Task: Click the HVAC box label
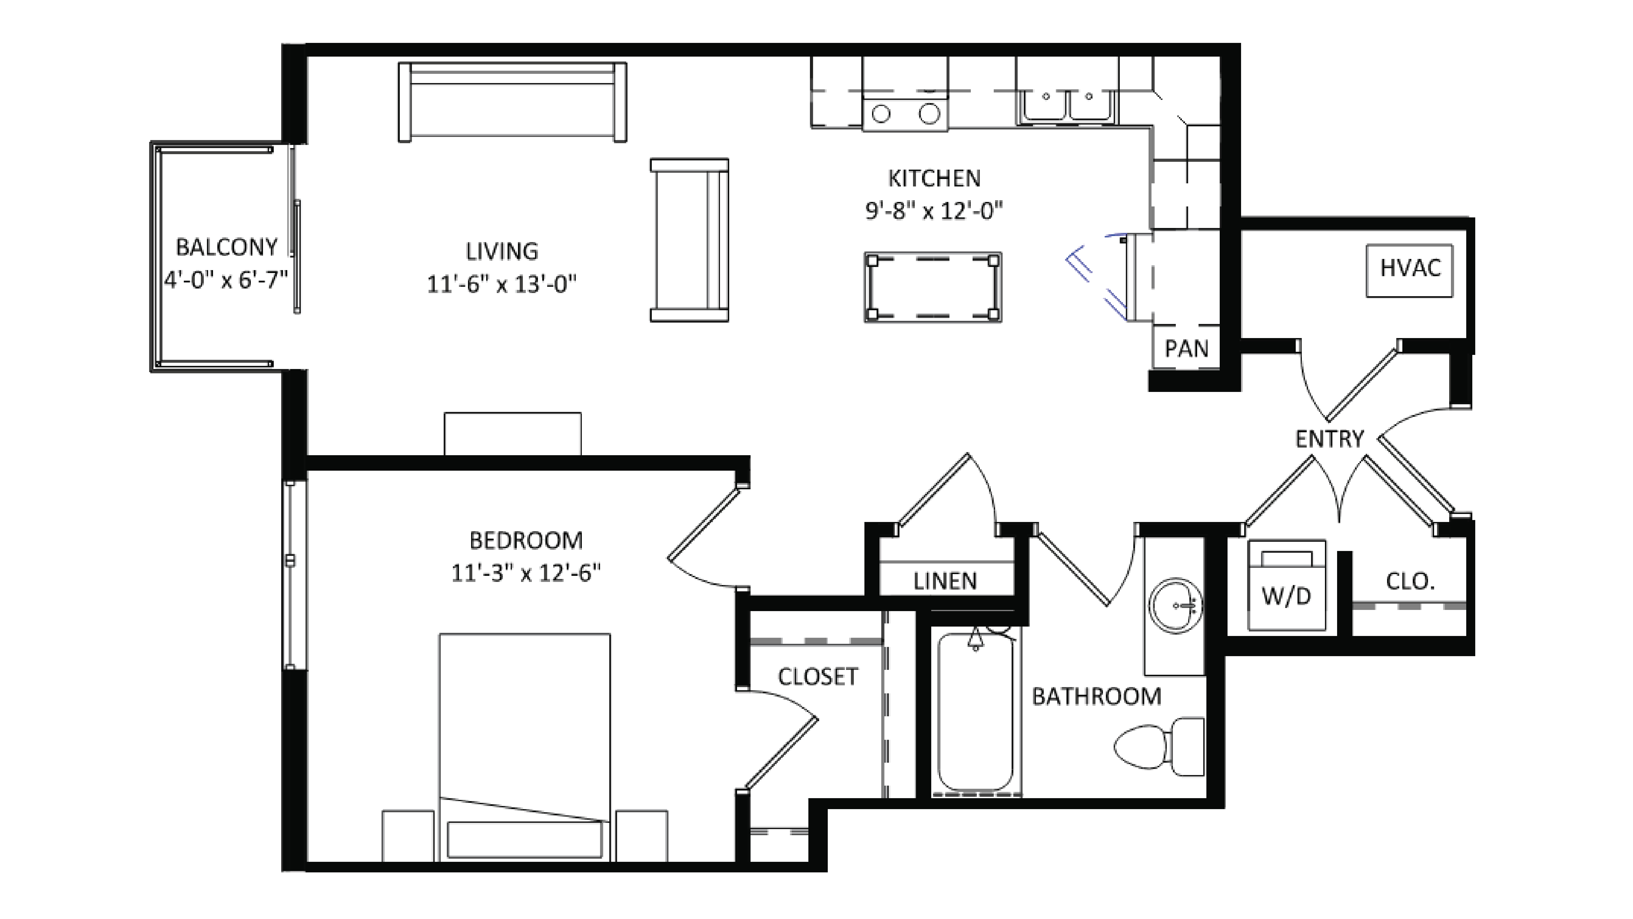click(1410, 269)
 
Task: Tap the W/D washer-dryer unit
click(1286, 586)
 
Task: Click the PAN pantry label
click(1186, 349)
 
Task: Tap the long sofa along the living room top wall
click(512, 101)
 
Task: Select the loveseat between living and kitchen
click(689, 240)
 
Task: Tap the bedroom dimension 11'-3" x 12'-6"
click(526, 573)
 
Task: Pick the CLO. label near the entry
click(1410, 581)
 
